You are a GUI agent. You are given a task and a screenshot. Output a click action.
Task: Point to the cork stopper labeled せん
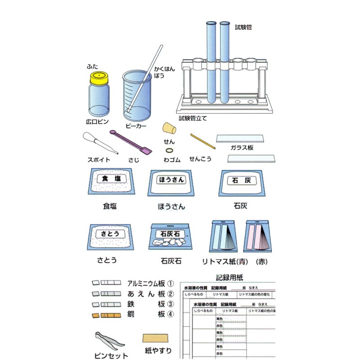click(x=169, y=128)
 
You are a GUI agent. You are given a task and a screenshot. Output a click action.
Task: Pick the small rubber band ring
click(x=169, y=150)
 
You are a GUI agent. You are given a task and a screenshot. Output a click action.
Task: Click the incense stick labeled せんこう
click(x=203, y=143)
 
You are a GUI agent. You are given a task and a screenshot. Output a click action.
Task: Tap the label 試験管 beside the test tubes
click(x=243, y=27)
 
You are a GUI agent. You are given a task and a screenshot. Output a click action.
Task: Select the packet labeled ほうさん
click(x=171, y=184)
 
